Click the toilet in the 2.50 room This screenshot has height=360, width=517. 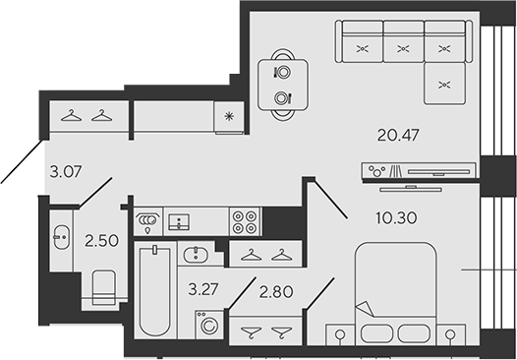pos(103,287)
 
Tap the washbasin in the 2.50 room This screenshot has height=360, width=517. pos(60,237)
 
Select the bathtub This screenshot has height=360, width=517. pos(155,292)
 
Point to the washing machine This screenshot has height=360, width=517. pos(210,323)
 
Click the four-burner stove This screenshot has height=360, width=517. pos(244,221)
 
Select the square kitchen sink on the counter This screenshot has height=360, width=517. pos(180,221)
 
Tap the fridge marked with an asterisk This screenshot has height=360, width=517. pos(229,116)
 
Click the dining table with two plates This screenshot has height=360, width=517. pos(282,85)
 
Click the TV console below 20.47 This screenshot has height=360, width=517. pos(419,171)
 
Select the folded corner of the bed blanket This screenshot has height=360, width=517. pos(363,308)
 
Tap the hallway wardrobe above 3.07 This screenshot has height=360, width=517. pos(84,115)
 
